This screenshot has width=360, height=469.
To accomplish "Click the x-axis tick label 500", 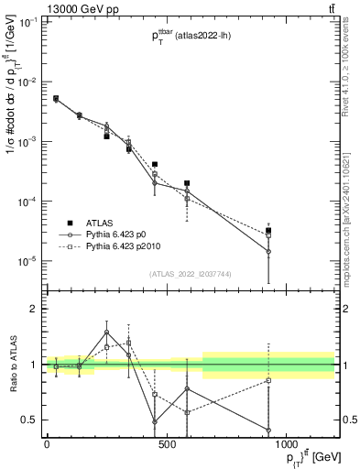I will pyautogui.click(x=166, y=444).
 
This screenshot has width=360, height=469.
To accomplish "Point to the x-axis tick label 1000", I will pyautogui.click(x=286, y=444).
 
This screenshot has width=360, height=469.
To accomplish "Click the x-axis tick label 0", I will pyautogui.click(x=47, y=444).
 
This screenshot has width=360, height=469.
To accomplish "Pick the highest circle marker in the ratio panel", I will pyautogui.click(x=107, y=333).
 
